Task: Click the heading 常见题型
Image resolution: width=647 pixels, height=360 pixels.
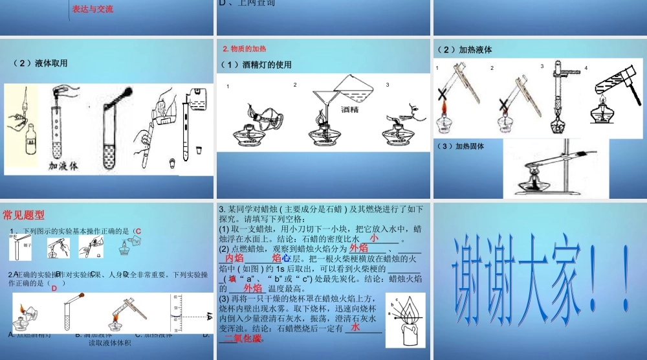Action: pyautogui.click(x=24, y=215)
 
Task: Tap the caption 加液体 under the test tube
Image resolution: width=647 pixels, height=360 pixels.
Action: pyautogui.click(x=63, y=166)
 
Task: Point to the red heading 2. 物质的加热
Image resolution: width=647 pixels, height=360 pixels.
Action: pyautogui.click(x=244, y=49)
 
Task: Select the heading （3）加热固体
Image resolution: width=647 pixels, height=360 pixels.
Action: pyautogui.click(x=461, y=146)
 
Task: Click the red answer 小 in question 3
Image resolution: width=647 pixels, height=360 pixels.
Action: pyautogui.click(x=373, y=238)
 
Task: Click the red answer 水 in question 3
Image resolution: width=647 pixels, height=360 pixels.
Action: pyautogui.click(x=355, y=328)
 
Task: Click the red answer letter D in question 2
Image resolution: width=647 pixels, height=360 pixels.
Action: pyautogui.click(x=54, y=288)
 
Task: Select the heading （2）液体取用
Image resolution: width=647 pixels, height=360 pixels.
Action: pyautogui.click(x=40, y=63)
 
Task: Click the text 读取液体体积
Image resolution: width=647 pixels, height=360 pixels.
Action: pyautogui.click(x=110, y=343)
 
